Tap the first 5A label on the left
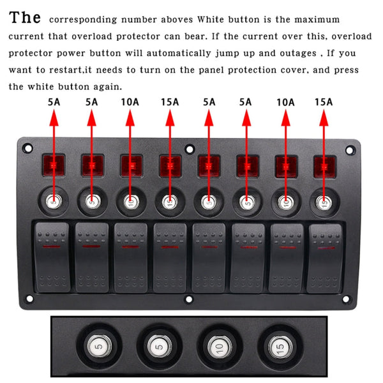(54, 101)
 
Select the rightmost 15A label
(324, 101)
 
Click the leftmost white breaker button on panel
(54, 202)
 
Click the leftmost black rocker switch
(53, 257)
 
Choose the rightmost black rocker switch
(324, 257)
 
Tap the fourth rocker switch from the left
(169, 257)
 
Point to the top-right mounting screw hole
(349, 150)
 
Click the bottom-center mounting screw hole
(188, 298)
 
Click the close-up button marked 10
(218, 347)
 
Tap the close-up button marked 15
(279, 347)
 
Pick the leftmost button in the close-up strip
(98, 347)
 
